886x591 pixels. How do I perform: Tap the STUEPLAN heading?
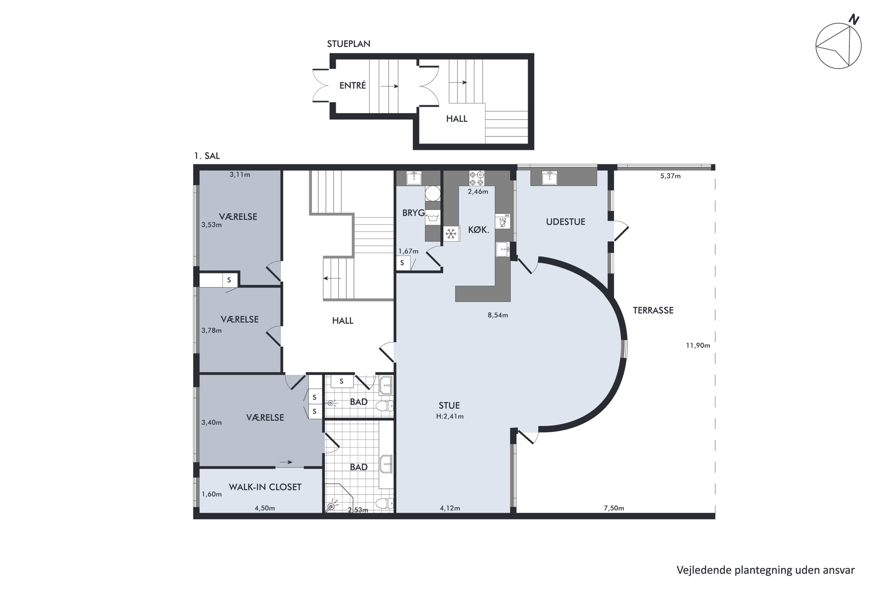(x=348, y=44)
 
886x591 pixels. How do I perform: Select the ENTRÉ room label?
(x=353, y=86)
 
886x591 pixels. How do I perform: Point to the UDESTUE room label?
(x=566, y=222)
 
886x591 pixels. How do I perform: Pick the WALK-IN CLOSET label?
(x=265, y=487)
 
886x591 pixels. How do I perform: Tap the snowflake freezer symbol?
(x=451, y=234)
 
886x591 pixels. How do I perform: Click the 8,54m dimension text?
(x=498, y=315)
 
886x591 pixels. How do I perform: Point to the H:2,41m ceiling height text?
(x=450, y=416)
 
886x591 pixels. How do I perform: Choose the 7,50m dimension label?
(x=614, y=508)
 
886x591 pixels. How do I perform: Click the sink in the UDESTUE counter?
(x=550, y=178)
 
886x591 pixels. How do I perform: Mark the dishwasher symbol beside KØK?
(x=503, y=221)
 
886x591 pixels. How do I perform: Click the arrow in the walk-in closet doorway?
(x=286, y=462)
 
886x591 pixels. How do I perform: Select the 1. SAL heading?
(x=207, y=156)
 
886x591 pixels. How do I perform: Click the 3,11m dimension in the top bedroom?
(x=240, y=175)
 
